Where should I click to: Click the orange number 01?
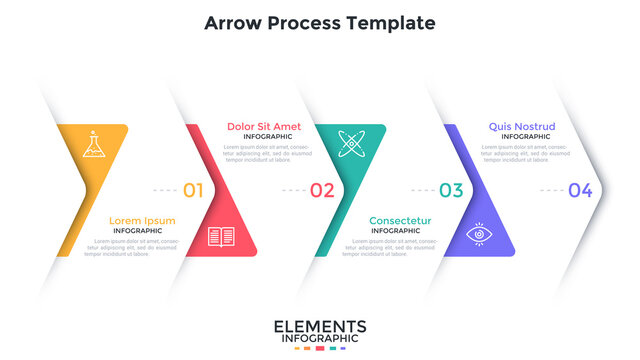coord(193,190)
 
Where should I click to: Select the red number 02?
coord(322,190)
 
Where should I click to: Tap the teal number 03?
coord(451,190)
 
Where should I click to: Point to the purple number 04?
coord(580,190)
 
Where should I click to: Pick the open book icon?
coord(221,237)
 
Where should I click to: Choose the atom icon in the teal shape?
coord(351,143)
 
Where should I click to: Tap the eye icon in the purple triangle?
coord(480,236)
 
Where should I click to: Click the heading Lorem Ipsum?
coord(143,221)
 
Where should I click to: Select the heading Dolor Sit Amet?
coord(264,126)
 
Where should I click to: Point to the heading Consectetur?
coord(400,221)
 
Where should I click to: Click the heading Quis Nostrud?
coord(522,126)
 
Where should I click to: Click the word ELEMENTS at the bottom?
coord(320,327)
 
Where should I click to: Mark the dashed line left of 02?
coord(293,190)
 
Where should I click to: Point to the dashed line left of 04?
coord(551,190)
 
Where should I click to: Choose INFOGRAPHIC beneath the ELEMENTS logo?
coord(320,339)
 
